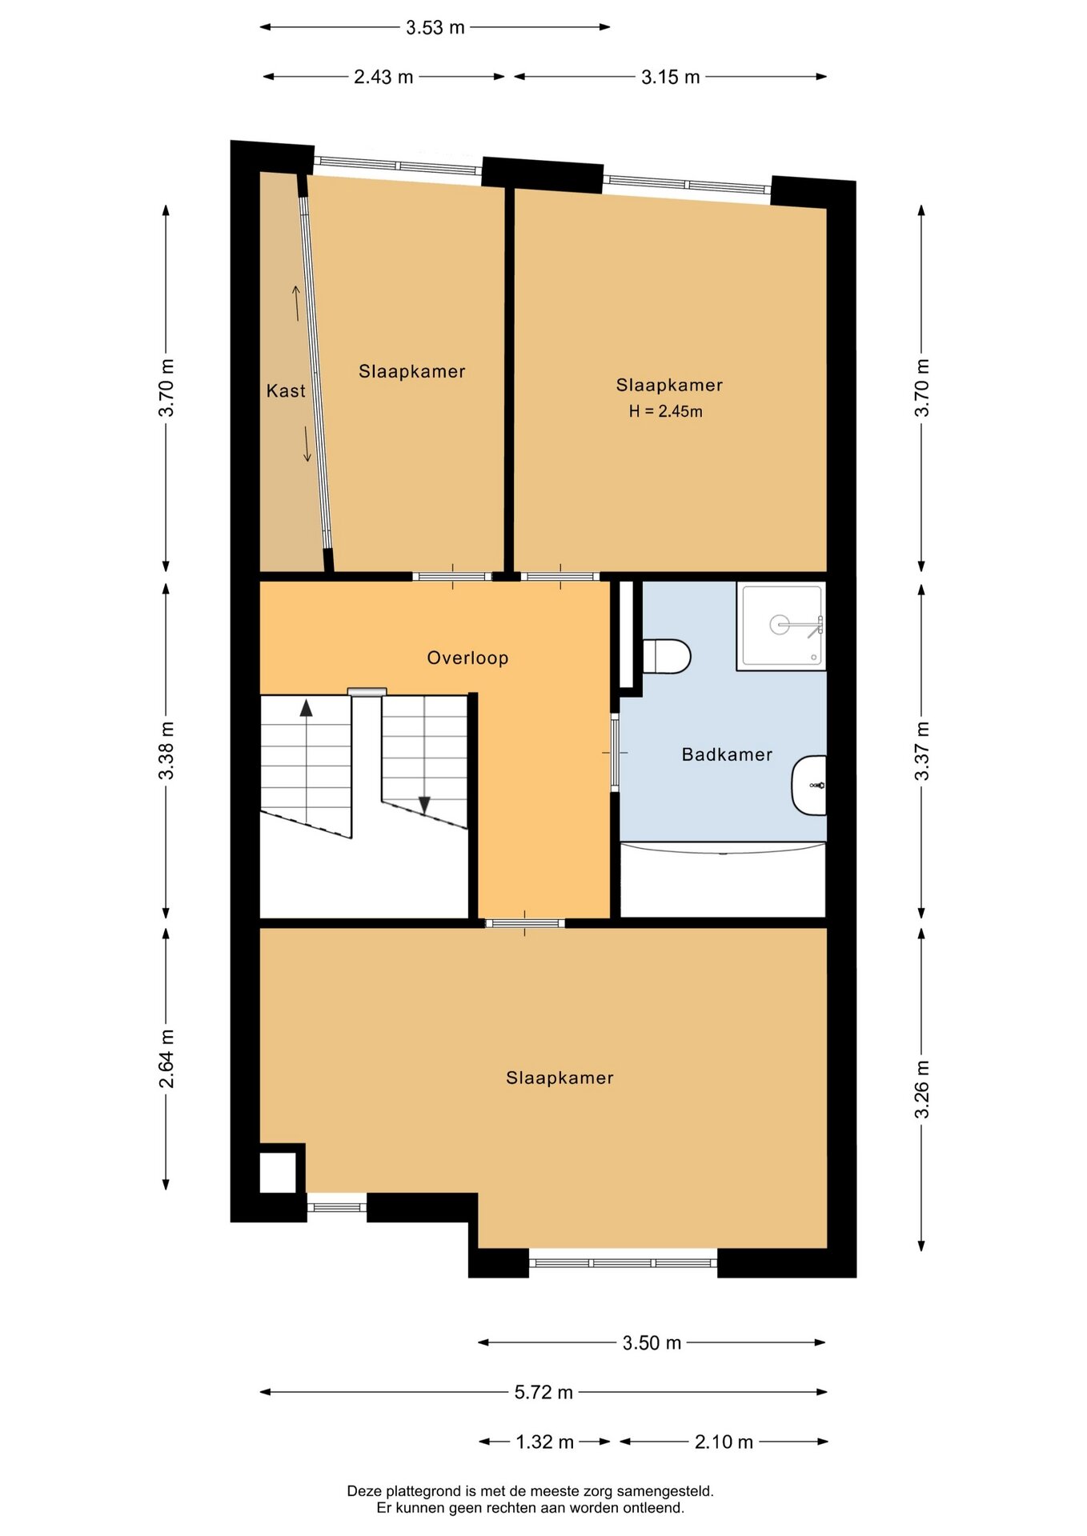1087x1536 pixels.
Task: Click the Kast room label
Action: pos(286,390)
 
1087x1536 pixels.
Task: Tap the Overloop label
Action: pos(467,658)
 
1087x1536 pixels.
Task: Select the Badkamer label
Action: pos(727,754)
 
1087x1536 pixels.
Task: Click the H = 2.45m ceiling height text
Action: pos(665,411)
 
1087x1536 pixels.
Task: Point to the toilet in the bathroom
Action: pos(667,656)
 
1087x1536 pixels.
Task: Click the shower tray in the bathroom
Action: pos(781,626)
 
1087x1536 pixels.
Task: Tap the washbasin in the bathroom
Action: pos(809,786)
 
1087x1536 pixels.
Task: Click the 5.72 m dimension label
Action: pos(543,1392)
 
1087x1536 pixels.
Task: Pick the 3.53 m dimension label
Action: pos(435,27)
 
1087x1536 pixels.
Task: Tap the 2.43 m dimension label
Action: pos(383,77)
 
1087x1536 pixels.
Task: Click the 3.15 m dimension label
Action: pos(671,77)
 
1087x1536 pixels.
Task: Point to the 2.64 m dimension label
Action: pos(166,1058)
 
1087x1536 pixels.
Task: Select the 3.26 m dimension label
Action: pos(922,1089)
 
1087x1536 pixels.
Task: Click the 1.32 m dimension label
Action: pos(544,1442)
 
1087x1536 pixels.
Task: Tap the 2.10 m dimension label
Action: pos(724,1442)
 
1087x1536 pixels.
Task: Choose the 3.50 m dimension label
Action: pos(652,1342)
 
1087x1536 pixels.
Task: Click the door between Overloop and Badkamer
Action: pos(615,752)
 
